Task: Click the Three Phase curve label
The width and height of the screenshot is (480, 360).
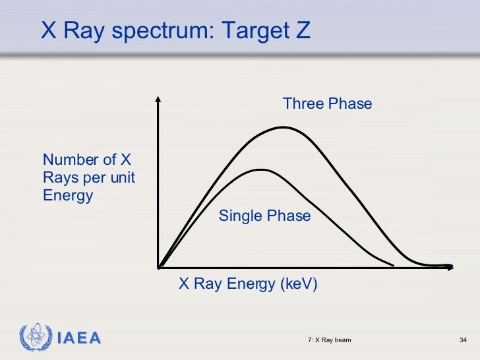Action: (x=327, y=104)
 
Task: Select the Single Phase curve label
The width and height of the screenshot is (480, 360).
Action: (x=264, y=216)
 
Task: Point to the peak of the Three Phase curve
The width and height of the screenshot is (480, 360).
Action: (x=284, y=127)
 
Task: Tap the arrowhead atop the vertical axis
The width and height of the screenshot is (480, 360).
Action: (x=158, y=100)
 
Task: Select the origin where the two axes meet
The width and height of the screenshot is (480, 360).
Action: (x=159, y=267)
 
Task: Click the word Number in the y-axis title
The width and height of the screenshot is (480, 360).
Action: (x=70, y=160)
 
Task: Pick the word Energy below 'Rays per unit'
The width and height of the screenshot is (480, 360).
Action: (x=68, y=196)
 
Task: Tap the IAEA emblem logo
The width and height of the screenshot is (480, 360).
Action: (x=34, y=338)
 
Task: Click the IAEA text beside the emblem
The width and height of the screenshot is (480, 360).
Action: (x=78, y=339)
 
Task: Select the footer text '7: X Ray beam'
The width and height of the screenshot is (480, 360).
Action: (x=329, y=340)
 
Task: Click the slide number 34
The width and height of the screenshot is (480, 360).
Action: (x=462, y=340)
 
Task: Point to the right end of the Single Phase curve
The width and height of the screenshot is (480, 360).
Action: (x=393, y=265)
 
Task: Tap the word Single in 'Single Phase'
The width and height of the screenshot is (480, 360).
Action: (x=240, y=216)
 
